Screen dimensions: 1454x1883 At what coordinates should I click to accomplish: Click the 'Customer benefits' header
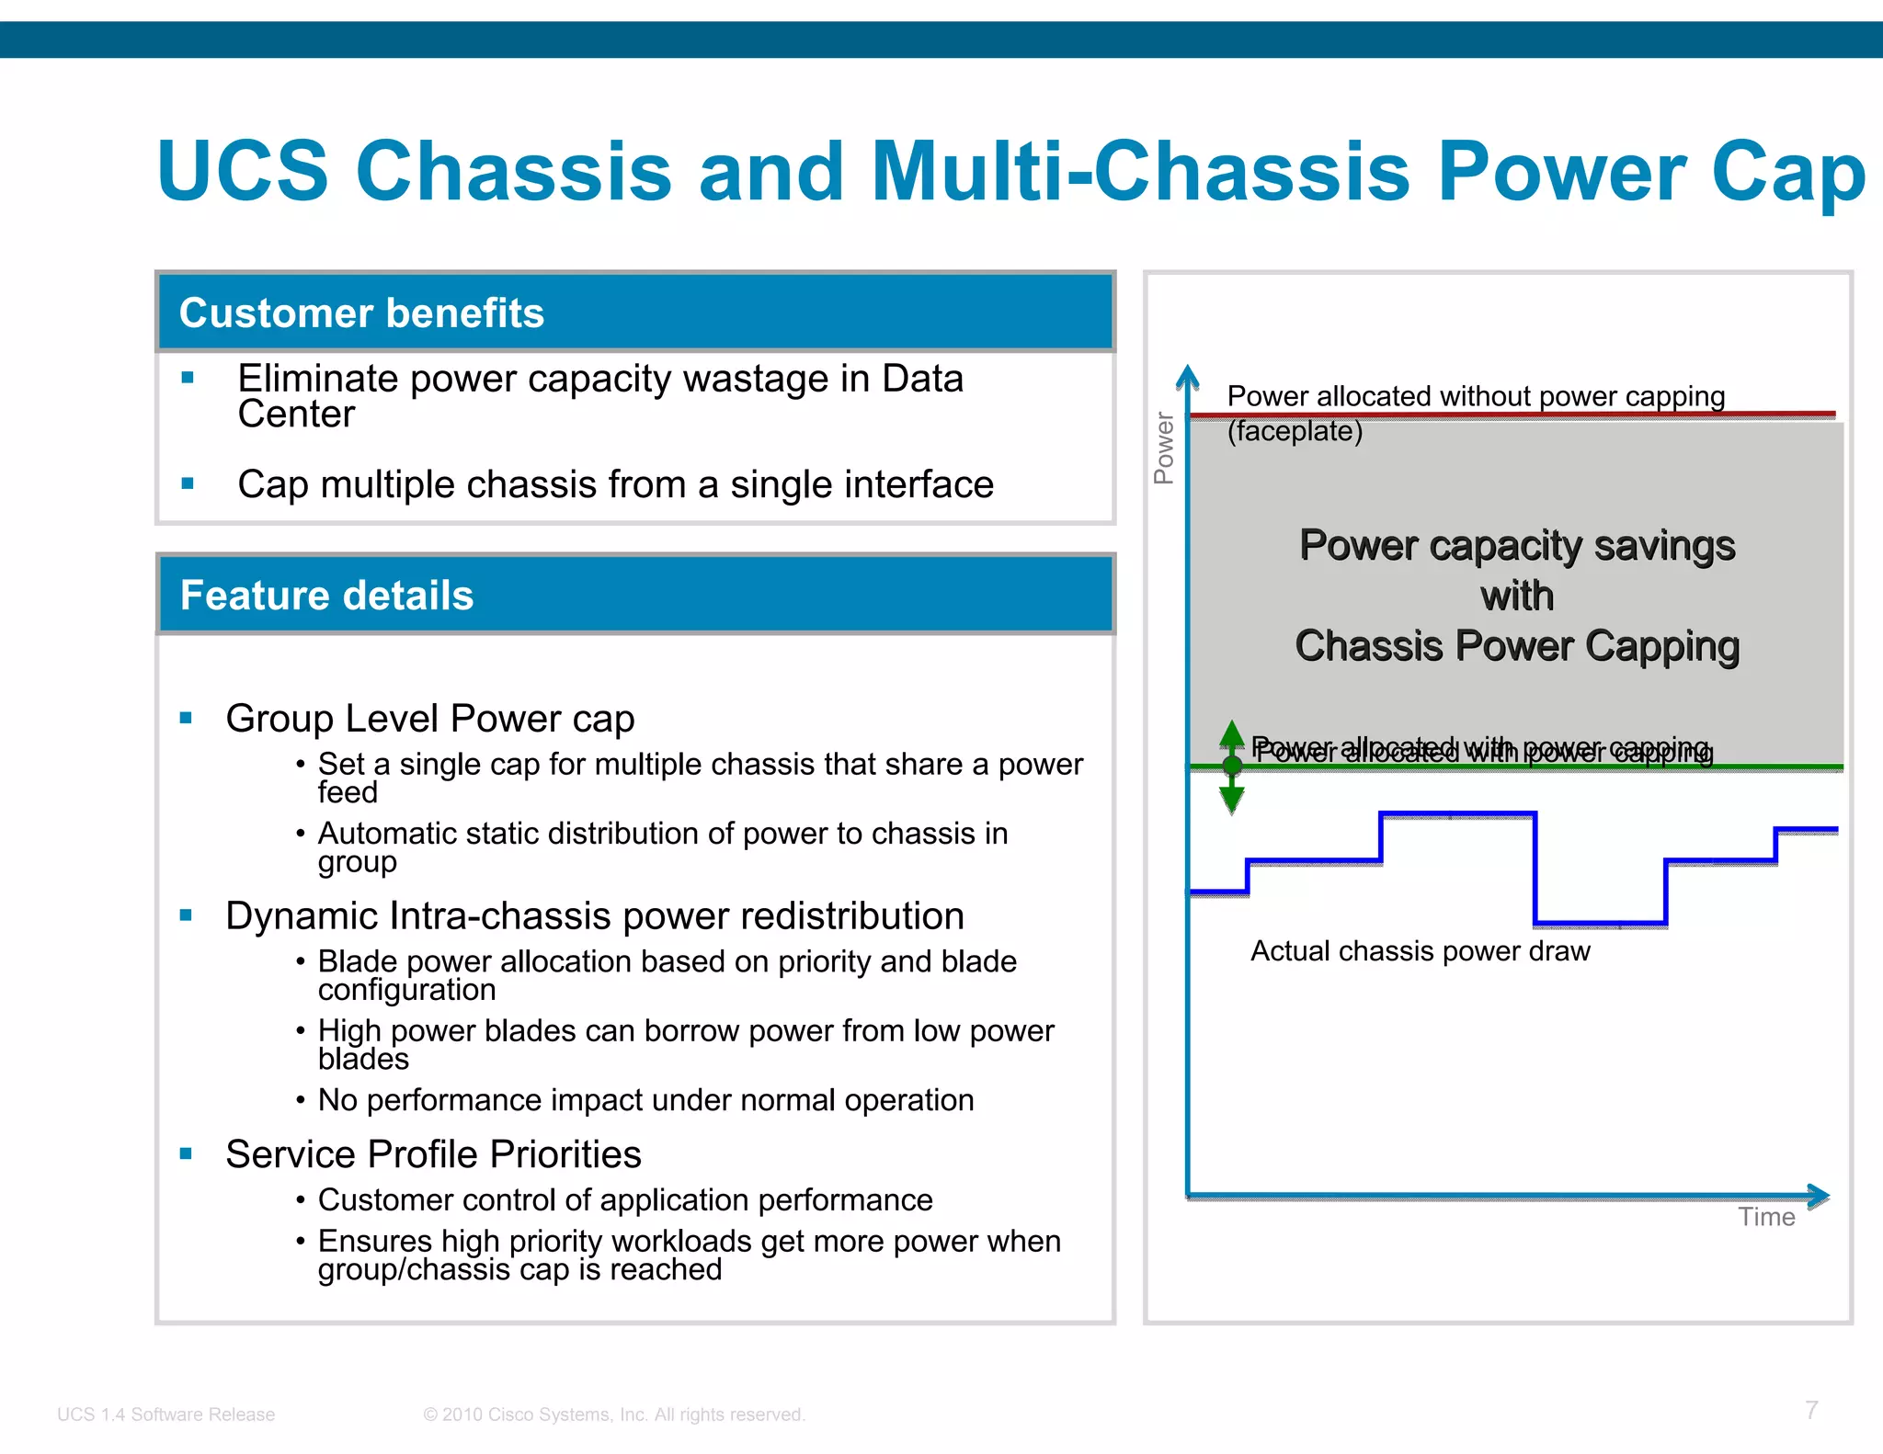361,313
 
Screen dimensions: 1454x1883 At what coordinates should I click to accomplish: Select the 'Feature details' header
326,596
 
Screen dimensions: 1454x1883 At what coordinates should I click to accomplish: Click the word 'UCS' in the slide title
243,171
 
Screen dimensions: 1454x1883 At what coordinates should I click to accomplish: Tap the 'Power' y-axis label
1164,448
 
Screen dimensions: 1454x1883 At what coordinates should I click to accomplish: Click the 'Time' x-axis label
1766,1217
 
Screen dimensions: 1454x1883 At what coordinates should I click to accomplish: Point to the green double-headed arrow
1232,767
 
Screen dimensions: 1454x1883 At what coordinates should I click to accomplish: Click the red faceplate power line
1512,415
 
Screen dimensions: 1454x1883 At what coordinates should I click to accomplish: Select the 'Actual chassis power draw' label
1420,951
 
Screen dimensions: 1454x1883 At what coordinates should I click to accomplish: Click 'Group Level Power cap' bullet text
429,719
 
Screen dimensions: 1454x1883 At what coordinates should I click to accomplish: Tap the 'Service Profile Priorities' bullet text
433,1154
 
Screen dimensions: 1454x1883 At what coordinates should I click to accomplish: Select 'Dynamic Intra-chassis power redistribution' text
594,916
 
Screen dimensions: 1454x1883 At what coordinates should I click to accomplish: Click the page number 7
1811,1410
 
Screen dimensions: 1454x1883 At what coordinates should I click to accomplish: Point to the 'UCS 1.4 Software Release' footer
165,1414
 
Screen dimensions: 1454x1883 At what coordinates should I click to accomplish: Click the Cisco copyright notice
613,1414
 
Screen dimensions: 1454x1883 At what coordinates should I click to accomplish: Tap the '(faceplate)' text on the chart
1295,431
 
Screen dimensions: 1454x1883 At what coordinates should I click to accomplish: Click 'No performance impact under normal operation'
645,1100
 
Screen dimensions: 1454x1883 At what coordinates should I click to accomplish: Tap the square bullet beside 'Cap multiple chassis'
188,483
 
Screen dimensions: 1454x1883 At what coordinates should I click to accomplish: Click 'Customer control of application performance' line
625,1200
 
